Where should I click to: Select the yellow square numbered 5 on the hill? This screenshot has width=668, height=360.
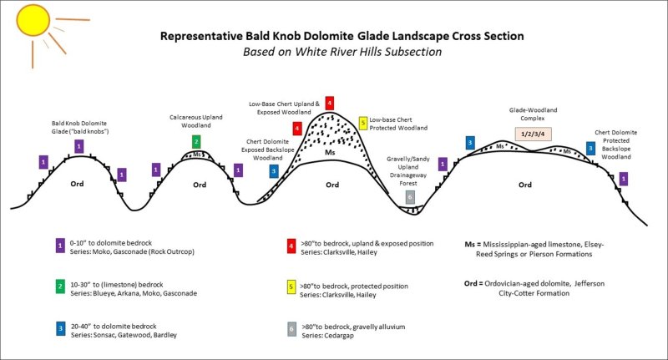click(x=362, y=124)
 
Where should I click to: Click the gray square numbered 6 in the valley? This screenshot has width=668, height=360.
click(x=409, y=197)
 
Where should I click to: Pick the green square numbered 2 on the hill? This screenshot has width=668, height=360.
click(x=196, y=141)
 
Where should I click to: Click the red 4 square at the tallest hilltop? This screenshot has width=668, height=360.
click(x=330, y=103)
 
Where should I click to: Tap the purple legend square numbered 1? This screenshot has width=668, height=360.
click(x=60, y=245)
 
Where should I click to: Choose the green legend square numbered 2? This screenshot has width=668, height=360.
click(x=60, y=287)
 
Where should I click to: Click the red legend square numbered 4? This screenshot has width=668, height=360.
click(x=289, y=245)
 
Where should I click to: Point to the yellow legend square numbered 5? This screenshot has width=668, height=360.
click(x=289, y=287)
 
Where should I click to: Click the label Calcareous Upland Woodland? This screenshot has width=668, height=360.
click(x=196, y=121)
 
